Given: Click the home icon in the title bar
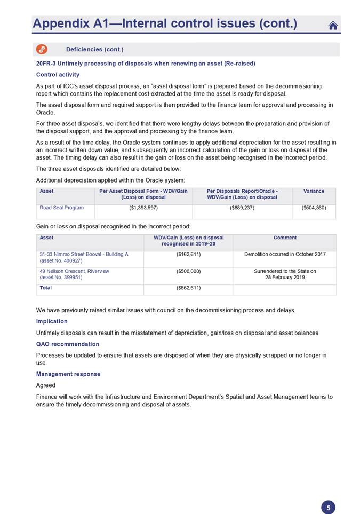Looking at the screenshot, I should click(333, 25).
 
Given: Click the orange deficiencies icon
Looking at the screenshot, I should click(42, 50).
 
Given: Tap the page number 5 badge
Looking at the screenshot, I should click(328, 508).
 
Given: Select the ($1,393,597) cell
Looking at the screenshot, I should click(143, 208).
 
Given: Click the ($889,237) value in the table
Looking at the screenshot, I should click(242, 208).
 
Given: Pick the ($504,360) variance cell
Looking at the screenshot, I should click(314, 208).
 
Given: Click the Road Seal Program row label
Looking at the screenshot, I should click(61, 208).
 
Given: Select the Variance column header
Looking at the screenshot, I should click(314, 191).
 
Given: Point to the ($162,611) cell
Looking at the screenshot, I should click(188, 255).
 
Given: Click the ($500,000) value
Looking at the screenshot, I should click(188, 271).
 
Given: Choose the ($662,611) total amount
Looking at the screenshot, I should click(188, 288).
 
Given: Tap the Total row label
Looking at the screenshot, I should click(46, 288).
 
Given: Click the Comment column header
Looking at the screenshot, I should click(285, 238).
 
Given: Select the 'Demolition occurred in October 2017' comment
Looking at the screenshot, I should click(285, 255).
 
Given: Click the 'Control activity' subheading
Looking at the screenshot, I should click(58, 75).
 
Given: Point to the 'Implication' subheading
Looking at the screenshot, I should click(52, 321).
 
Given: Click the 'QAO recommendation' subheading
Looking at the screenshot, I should click(67, 344).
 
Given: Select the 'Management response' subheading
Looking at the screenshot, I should click(68, 374).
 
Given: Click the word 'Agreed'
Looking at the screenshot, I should click(46, 385).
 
